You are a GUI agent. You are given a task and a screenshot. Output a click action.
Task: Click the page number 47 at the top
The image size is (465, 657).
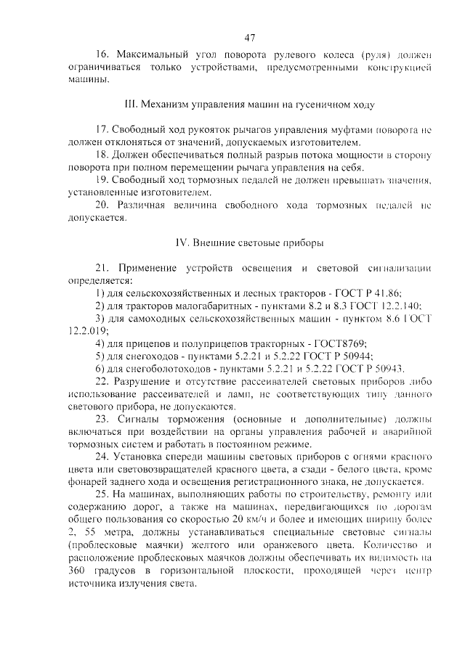(250, 37)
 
